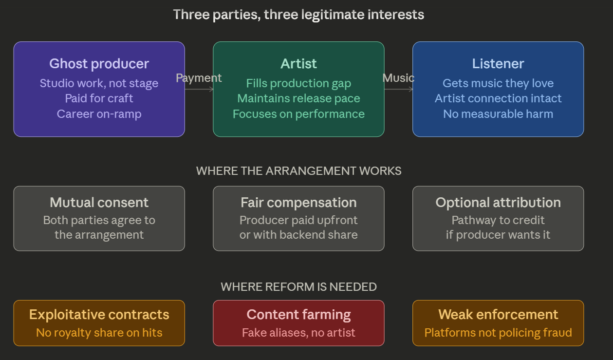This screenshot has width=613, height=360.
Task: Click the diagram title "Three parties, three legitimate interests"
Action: pyautogui.click(x=298, y=15)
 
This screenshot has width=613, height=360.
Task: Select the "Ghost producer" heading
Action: pyautogui.click(x=99, y=64)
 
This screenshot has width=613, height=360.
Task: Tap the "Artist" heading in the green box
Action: pyautogui.click(x=298, y=64)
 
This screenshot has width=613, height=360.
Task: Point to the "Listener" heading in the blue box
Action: pyautogui.click(x=498, y=64)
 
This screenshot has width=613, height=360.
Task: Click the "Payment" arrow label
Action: pyautogui.click(x=199, y=78)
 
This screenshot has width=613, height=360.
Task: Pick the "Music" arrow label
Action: pyautogui.click(x=398, y=78)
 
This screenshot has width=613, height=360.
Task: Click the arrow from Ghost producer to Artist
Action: pyautogui.click(x=199, y=89)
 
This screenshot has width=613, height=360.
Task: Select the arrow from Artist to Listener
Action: pyautogui.click(x=399, y=89)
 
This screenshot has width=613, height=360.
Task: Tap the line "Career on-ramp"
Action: pyautogui.click(x=99, y=114)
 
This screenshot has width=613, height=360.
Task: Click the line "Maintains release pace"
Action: pyautogui.click(x=298, y=98)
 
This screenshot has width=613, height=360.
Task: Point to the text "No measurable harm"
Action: pyautogui.click(x=498, y=114)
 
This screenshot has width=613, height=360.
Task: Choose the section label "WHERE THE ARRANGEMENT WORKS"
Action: pyautogui.click(x=298, y=171)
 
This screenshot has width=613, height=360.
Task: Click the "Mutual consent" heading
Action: pyautogui.click(x=99, y=203)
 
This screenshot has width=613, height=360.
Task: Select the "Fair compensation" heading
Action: pyautogui.click(x=298, y=203)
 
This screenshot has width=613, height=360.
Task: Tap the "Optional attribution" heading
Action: pyautogui.click(x=498, y=203)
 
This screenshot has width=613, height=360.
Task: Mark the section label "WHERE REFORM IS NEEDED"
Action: pyautogui.click(x=298, y=287)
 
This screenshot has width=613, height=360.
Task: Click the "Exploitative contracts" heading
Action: pyautogui.click(x=99, y=315)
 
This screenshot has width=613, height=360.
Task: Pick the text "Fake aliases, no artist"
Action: pyautogui.click(x=298, y=333)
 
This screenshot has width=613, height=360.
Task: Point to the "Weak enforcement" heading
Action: pyautogui.click(x=498, y=315)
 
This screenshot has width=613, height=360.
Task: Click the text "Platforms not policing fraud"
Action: pyautogui.click(x=498, y=333)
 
